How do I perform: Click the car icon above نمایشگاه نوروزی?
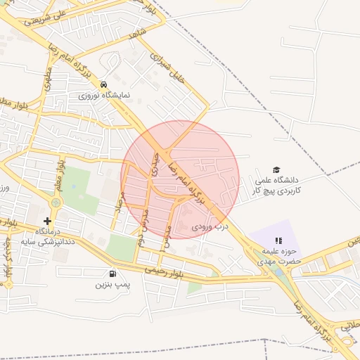click(x=104, y=84)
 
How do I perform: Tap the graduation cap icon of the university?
click(x=276, y=170)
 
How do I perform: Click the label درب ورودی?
click(x=210, y=227)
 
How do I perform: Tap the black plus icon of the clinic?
click(x=47, y=221)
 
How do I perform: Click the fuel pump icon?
click(x=112, y=274)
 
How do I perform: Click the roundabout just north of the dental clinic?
click(x=53, y=202)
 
